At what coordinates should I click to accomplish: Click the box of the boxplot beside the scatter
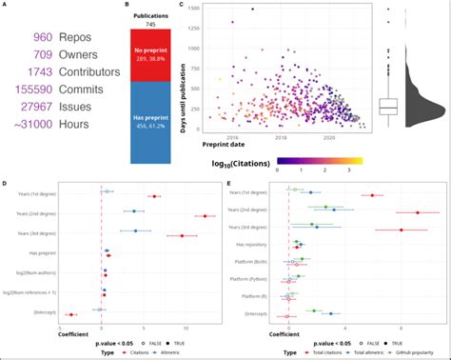point(387,106)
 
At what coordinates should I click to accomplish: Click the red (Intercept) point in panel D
point(69,313)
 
